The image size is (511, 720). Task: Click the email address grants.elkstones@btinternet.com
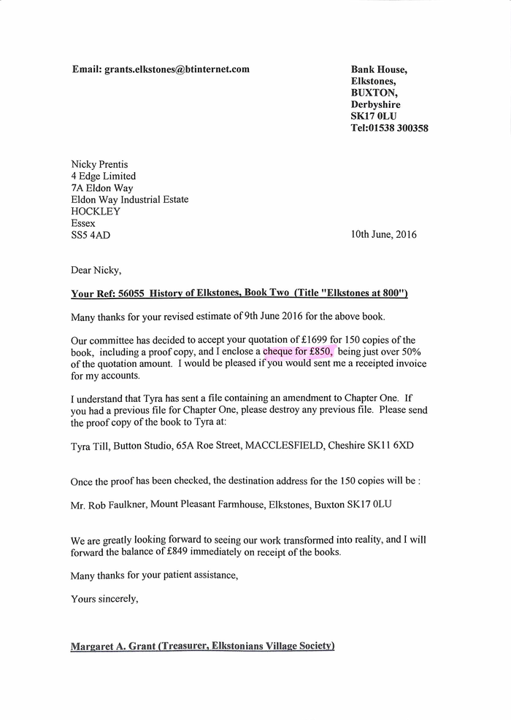coord(177,69)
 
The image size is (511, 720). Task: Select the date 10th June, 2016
coord(384,235)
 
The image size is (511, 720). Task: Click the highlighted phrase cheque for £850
coord(298,352)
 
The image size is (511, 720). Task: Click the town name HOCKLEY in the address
coord(96,212)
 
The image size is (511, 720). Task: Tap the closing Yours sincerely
coord(104,599)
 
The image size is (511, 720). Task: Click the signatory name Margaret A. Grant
coord(112,646)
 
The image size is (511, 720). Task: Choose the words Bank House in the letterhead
coord(379,70)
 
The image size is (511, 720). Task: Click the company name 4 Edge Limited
coord(103,176)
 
